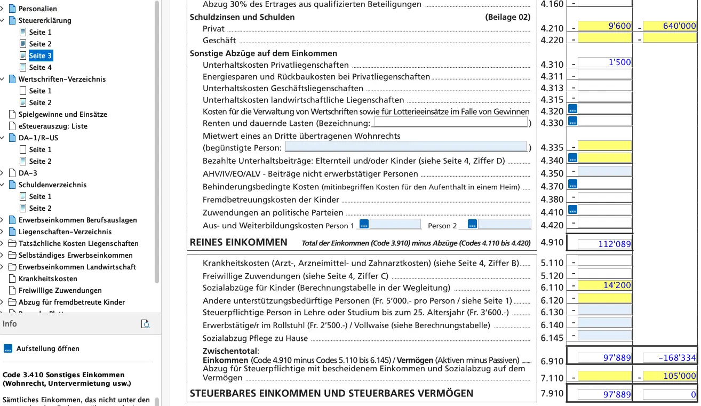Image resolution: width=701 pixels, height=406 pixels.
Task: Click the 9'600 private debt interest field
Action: (x=604, y=26)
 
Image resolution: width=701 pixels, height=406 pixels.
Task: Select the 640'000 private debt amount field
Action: (x=670, y=26)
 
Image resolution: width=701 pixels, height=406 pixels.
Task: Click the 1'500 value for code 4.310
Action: (x=604, y=62)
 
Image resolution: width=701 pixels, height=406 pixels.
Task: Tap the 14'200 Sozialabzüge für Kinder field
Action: (x=604, y=285)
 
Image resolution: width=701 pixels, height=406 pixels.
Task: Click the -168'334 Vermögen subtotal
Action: (x=670, y=357)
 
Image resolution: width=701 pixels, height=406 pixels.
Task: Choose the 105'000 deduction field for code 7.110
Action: (x=670, y=376)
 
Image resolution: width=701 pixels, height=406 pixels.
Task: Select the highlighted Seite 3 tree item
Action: (x=41, y=55)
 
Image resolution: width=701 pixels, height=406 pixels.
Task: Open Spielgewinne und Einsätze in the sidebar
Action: (x=62, y=114)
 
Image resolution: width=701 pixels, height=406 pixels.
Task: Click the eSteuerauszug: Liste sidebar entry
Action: (x=53, y=126)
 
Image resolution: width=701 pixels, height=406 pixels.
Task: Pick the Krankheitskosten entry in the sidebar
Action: (x=47, y=278)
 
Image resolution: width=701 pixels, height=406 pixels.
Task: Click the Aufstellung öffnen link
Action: (x=47, y=348)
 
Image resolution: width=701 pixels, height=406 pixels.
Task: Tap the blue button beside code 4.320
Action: (x=572, y=109)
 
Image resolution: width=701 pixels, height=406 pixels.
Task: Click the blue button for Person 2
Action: (x=472, y=225)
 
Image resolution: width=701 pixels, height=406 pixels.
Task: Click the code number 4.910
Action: (x=552, y=242)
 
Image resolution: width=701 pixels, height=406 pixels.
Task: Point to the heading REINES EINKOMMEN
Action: (x=238, y=242)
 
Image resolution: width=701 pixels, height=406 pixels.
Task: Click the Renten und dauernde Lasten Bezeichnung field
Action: (x=451, y=122)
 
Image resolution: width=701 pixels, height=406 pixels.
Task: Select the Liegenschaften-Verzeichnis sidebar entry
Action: (x=65, y=232)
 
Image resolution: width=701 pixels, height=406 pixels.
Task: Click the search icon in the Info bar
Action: (x=145, y=324)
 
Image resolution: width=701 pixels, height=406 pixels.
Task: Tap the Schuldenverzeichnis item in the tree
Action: (x=52, y=185)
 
